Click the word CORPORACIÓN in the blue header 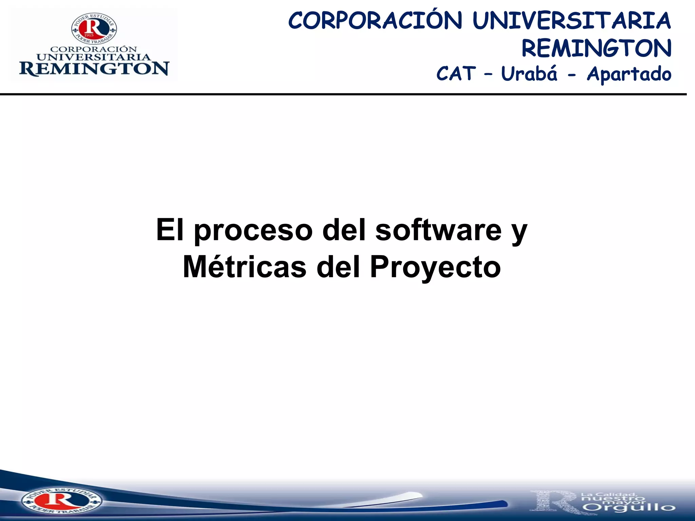point(375,20)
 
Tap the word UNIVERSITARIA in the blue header point(571,20)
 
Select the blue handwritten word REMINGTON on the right point(596,48)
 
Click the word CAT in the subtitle point(456,74)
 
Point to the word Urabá point(529,74)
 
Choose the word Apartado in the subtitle point(629,74)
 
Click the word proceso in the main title point(253,231)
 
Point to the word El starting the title point(170,230)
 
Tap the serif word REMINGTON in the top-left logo point(94,69)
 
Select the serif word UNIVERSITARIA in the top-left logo point(94,57)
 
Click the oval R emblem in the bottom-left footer point(61,501)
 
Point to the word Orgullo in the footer point(630,508)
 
